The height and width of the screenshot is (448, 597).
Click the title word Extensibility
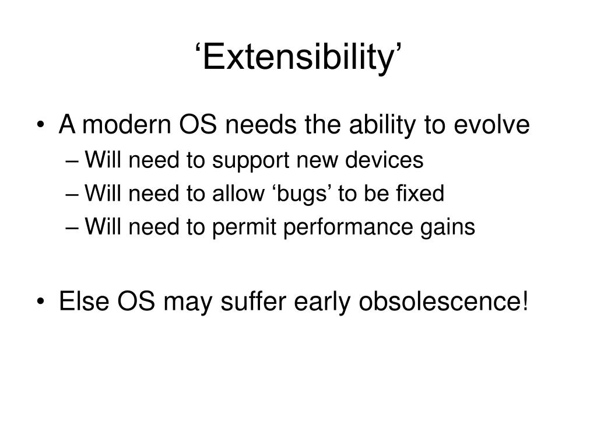point(298,57)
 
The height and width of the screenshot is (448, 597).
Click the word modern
point(127,125)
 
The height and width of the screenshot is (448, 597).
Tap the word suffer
point(253,301)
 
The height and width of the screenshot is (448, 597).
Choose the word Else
point(84,301)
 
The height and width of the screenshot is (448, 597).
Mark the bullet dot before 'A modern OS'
point(41,125)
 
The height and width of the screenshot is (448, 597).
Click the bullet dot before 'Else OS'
point(41,302)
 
